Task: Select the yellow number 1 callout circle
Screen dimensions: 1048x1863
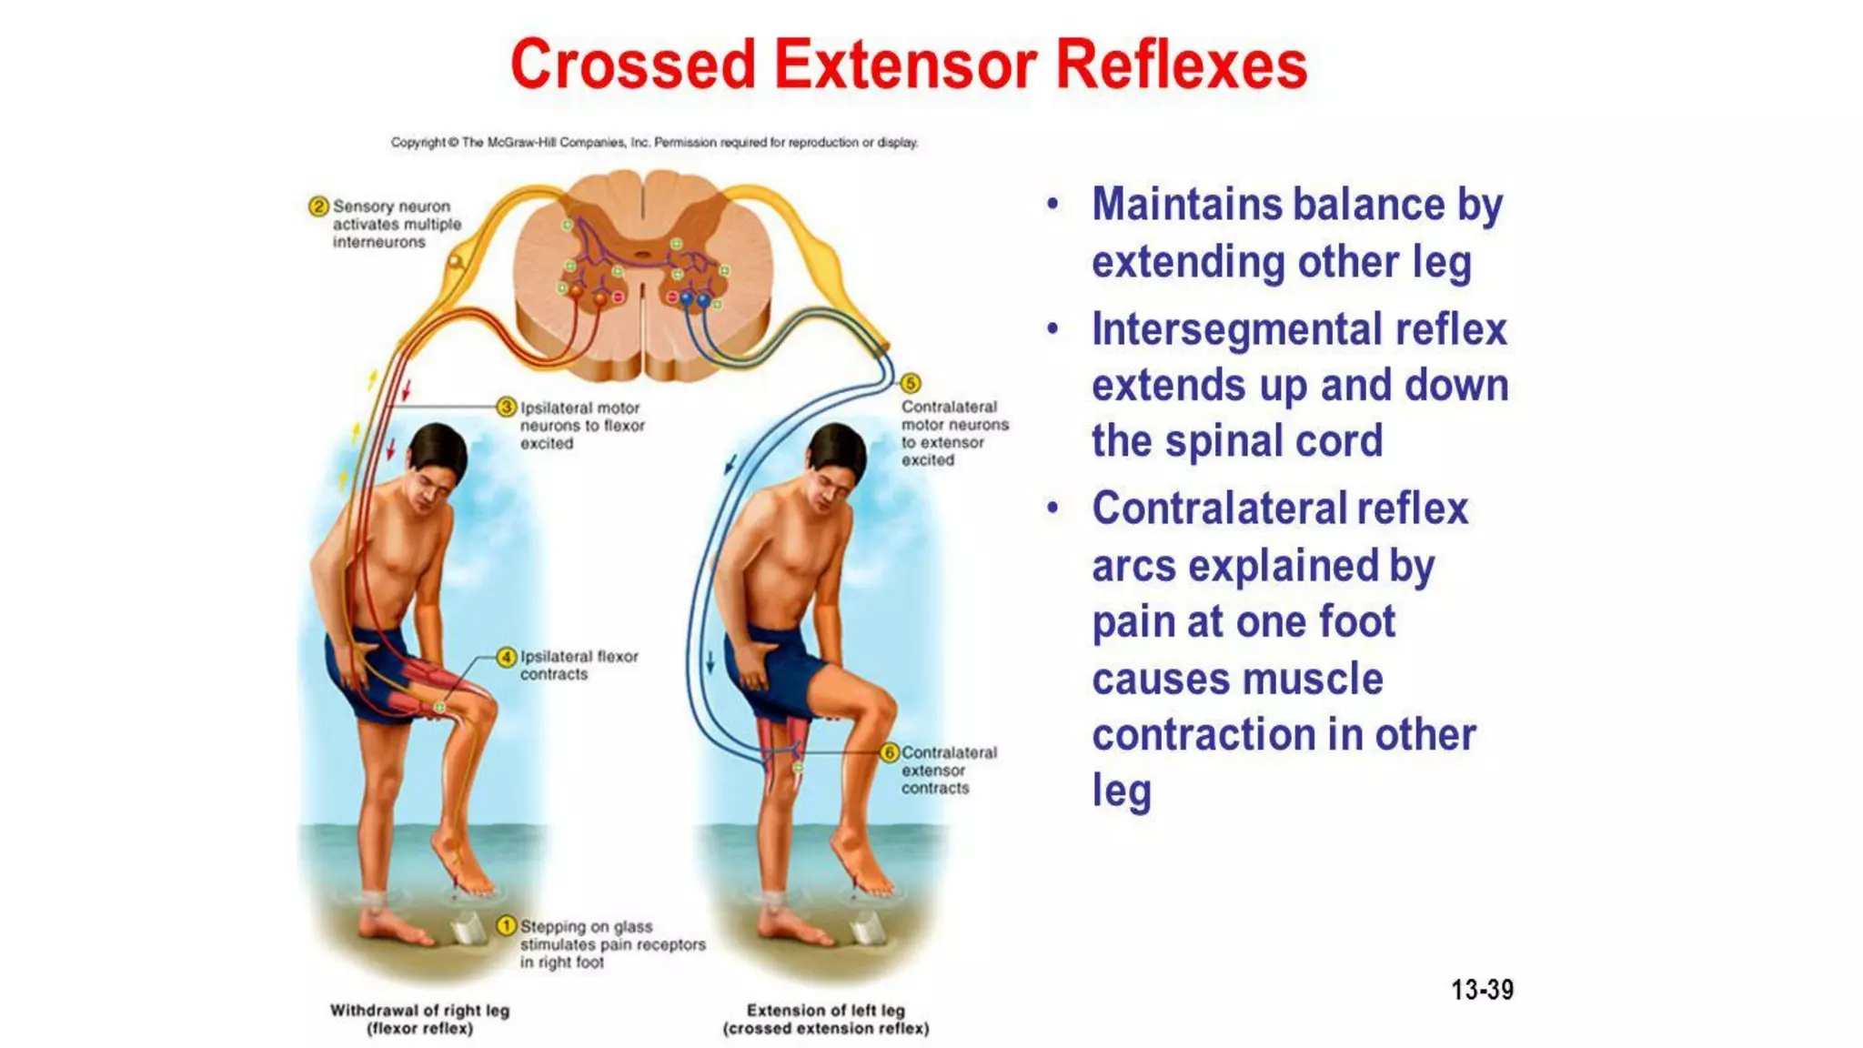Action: pyautogui.click(x=506, y=925)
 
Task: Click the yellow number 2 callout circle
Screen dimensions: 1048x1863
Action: pyautogui.click(x=317, y=207)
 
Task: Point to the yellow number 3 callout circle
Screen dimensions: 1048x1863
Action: pyautogui.click(x=507, y=407)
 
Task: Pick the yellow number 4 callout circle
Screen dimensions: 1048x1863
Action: pyautogui.click(x=507, y=657)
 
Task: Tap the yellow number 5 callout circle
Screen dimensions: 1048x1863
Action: pyautogui.click(x=911, y=383)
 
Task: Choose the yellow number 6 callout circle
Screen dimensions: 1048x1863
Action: pyautogui.click(x=891, y=752)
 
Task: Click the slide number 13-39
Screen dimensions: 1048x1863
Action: pyautogui.click(x=1482, y=990)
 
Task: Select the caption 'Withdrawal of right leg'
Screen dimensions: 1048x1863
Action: pyautogui.click(x=419, y=1011)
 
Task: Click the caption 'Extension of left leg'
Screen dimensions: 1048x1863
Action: pyautogui.click(x=825, y=1011)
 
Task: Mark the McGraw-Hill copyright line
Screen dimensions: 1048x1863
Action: pyautogui.click(x=654, y=143)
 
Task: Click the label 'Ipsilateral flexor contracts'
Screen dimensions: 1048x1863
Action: pyautogui.click(x=579, y=665)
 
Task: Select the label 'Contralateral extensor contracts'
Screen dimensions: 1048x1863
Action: pyautogui.click(x=948, y=771)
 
